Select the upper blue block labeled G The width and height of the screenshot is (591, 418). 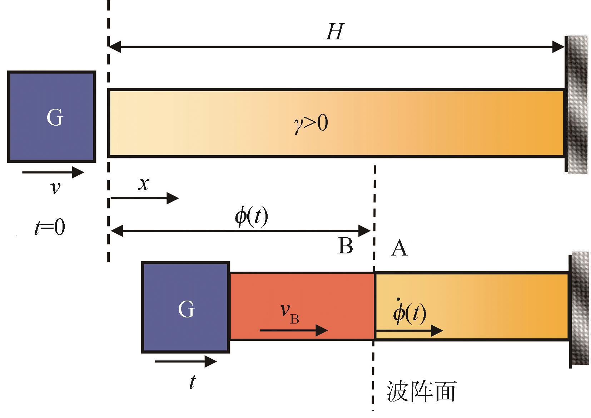52,117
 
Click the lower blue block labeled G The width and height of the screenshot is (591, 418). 185,307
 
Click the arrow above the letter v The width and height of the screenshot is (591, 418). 53,172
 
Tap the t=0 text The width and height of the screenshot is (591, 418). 50,228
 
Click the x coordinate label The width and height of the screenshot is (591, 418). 144,184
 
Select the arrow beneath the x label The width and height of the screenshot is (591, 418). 144,198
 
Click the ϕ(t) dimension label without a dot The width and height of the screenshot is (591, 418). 251,217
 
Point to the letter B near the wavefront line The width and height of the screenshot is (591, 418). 346,246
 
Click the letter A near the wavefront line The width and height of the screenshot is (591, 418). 399,248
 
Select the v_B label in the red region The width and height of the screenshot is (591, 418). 289,314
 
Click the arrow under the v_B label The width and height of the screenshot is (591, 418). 293,330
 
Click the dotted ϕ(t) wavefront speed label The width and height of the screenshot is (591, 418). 409,313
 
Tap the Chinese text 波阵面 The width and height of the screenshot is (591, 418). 421,392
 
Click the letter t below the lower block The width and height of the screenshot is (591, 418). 192,382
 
